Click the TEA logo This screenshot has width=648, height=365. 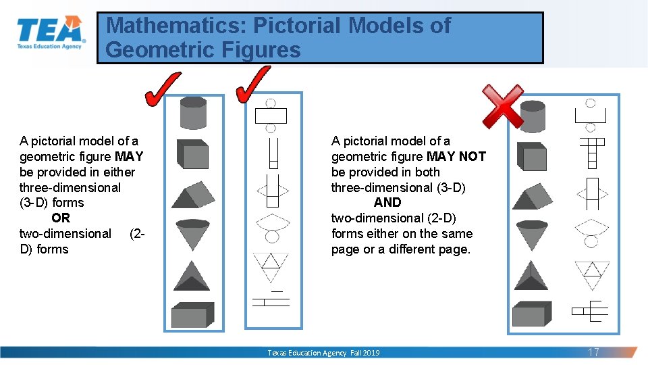[51, 33]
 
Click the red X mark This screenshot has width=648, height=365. [502, 105]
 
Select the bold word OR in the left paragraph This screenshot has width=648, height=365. [61, 218]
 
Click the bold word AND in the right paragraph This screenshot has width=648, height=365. [387, 202]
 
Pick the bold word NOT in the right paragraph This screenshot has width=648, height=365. [472, 156]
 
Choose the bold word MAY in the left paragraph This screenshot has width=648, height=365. [129, 156]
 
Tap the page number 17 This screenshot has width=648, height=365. [593, 352]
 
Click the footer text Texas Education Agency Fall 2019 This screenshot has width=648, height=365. [323, 353]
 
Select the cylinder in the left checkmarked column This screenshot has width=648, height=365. [193, 112]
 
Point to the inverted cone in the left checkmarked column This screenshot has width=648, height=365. [193, 234]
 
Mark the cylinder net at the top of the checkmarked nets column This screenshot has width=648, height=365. [271, 115]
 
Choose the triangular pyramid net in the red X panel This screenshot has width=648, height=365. [592, 273]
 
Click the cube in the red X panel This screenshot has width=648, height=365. [533, 157]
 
